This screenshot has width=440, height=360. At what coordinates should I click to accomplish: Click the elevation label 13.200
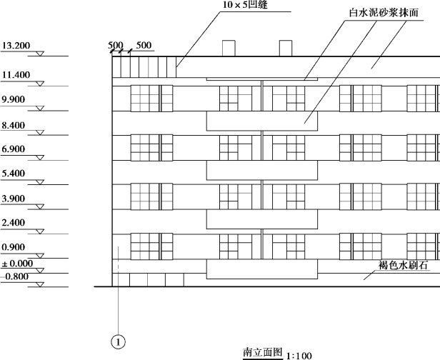(x=16, y=46)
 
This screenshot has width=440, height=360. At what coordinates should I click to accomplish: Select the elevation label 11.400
(x=16, y=74)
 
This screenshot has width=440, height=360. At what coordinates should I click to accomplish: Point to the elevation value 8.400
(x=14, y=125)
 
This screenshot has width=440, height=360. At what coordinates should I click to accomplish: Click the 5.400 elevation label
(x=14, y=174)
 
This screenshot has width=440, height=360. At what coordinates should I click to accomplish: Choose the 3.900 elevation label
(x=14, y=198)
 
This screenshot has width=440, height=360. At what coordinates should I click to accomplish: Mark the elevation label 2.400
(x=14, y=223)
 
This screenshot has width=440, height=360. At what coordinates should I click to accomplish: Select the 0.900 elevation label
(x=14, y=247)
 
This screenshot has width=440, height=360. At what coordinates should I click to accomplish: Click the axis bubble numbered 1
(x=119, y=342)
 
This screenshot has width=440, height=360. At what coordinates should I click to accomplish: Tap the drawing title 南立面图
(x=262, y=351)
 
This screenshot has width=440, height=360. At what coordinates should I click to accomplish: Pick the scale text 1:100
(x=299, y=354)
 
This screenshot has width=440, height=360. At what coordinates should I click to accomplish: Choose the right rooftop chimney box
(x=286, y=49)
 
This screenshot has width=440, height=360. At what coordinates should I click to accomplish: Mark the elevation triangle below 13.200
(x=40, y=55)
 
